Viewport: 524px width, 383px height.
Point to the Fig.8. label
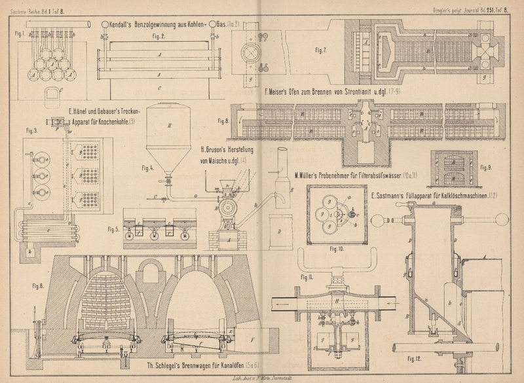(221, 120)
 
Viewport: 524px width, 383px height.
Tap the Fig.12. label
(412, 359)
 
